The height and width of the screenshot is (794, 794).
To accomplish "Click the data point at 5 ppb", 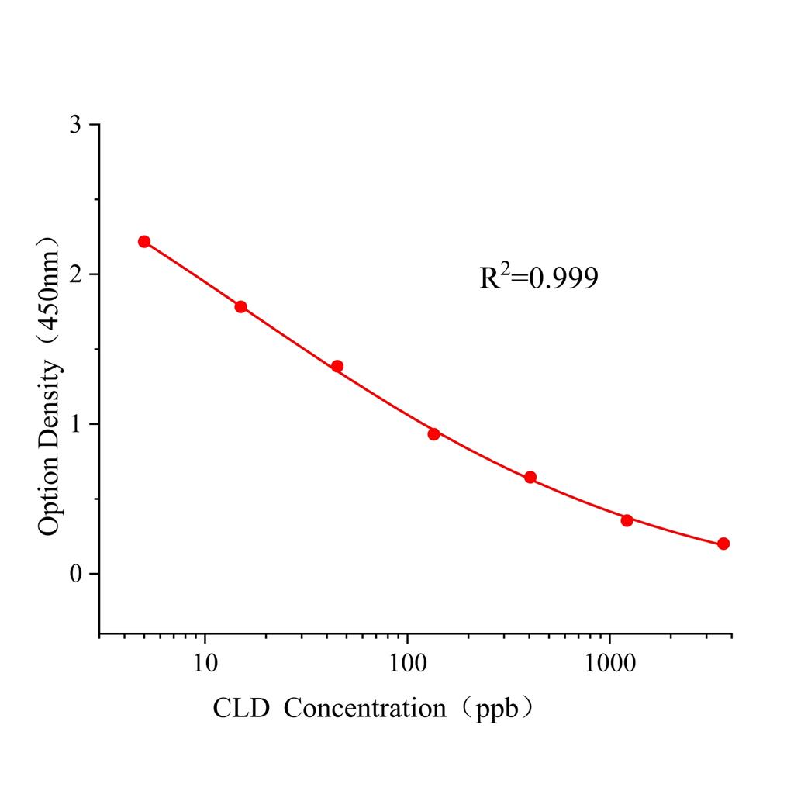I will (x=144, y=242).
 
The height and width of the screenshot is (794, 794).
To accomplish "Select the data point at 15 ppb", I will (x=240, y=307).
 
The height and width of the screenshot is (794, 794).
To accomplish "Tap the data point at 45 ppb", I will (x=337, y=366).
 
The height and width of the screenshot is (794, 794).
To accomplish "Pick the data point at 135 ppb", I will (x=433, y=434).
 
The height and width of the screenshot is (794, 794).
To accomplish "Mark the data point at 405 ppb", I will (x=530, y=478).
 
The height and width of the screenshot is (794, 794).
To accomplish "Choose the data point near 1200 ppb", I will (x=627, y=520).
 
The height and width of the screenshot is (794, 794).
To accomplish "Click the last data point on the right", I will (x=723, y=544).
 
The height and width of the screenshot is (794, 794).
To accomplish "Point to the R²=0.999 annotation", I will (x=539, y=278).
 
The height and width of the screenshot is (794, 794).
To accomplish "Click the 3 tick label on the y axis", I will (x=75, y=125).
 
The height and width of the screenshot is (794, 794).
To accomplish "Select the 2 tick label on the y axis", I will (x=75, y=274).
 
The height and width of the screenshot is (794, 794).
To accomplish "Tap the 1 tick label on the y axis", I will (x=75, y=424).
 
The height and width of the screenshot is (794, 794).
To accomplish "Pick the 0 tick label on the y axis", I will (x=75, y=574).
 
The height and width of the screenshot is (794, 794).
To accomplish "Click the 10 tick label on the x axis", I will (x=205, y=664).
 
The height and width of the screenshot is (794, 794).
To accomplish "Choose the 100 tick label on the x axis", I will (x=408, y=664).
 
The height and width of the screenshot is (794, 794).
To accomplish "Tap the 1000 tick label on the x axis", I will (x=610, y=664).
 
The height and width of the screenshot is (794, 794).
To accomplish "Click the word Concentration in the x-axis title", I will (x=364, y=708).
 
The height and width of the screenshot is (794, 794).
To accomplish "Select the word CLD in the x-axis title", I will (x=241, y=708).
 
